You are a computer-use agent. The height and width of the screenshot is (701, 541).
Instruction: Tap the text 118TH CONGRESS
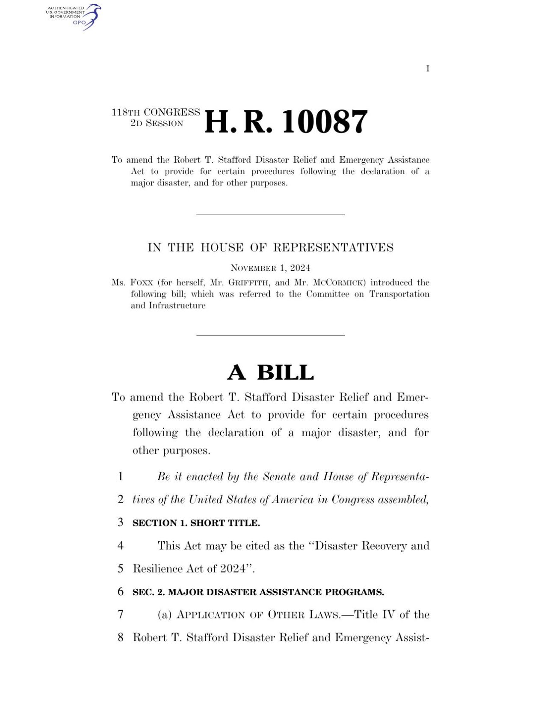click(156, 113)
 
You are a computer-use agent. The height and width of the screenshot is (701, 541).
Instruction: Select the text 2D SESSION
click(157, 124)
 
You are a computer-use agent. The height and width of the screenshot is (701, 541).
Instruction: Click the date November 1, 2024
click(270, 268)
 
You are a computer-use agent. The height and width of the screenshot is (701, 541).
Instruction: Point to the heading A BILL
click(270, 372)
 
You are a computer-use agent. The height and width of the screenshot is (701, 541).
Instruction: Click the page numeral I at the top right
click(427, 69)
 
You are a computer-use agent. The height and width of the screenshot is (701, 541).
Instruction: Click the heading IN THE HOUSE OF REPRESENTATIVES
click(270, 248)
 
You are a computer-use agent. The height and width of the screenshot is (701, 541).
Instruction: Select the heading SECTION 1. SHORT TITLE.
click(196, 523)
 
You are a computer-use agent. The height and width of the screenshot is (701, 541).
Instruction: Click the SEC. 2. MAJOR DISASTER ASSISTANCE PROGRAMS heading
click(258, 592)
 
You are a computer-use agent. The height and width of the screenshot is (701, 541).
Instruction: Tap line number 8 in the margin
click(121, 638)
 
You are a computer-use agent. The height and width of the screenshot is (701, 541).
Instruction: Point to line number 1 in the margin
click(121, 476)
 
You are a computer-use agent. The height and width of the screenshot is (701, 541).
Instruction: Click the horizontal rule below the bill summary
click(270, 214)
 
